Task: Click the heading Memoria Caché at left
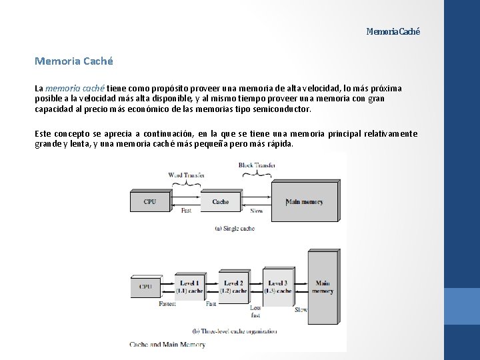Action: coord(74,61)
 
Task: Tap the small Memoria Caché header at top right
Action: coord(393,32)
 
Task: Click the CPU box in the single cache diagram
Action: coord(150,201)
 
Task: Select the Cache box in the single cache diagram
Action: coord(220,201)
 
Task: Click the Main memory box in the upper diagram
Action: coord(305,201)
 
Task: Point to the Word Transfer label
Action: coord(186,175)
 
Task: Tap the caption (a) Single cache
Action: coord(234,228)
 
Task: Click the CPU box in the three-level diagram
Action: coord(145,287)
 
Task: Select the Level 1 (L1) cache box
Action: coord(189,287)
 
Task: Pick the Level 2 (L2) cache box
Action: coord(233,287)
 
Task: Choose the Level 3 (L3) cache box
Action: coord(278,287)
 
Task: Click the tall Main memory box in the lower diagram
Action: coord(322,287)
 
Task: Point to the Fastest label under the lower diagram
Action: coord(167,304)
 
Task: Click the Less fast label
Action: coord(255,311)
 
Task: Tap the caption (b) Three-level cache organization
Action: coord(234,331)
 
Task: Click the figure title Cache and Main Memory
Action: coord(167,345)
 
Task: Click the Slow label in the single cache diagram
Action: coord(257,211)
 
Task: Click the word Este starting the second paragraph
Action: coord(44,134)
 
